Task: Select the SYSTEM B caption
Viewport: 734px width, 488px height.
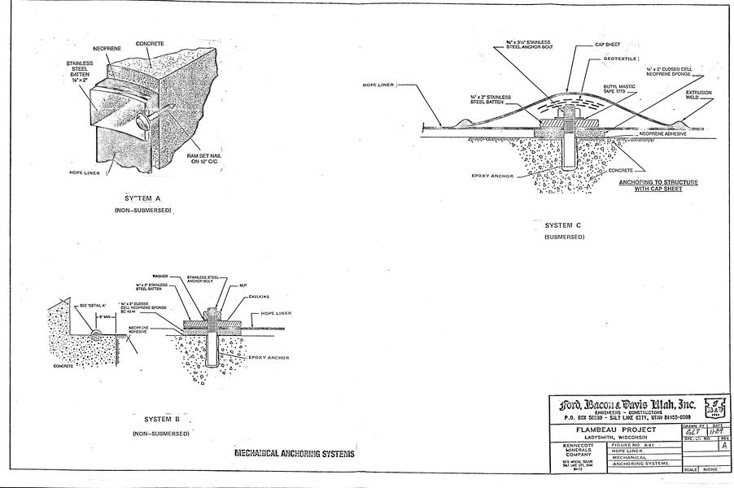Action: tap(161, 419)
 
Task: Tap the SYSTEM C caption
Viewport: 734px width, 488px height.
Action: tap(563, 224)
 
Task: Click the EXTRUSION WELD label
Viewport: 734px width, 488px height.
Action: tap(699, 95)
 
